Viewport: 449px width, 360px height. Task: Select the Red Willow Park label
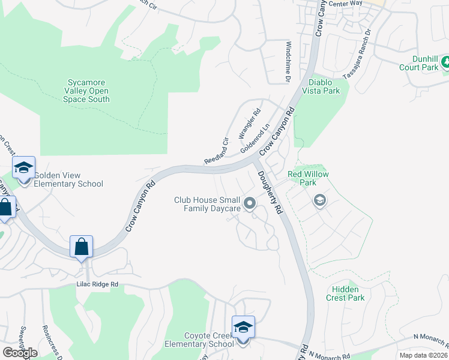[x=309, y=178]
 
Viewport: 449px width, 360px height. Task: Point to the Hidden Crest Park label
[x=345, y=293]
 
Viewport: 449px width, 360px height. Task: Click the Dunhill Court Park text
[x=418, y=63]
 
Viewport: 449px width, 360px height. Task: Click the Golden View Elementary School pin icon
[x=23, y=170]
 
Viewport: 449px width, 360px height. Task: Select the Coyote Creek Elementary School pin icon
[x=243, y=329]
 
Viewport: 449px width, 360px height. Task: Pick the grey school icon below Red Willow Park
[x=320, y=200]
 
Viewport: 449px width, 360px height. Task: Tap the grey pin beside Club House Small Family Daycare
[x=250, y=205]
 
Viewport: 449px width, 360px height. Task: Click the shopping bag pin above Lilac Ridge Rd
[x=81, y=247]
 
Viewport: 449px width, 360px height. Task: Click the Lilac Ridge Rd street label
[x=97, y=284]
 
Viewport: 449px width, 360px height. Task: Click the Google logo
[x=20, y=352]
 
